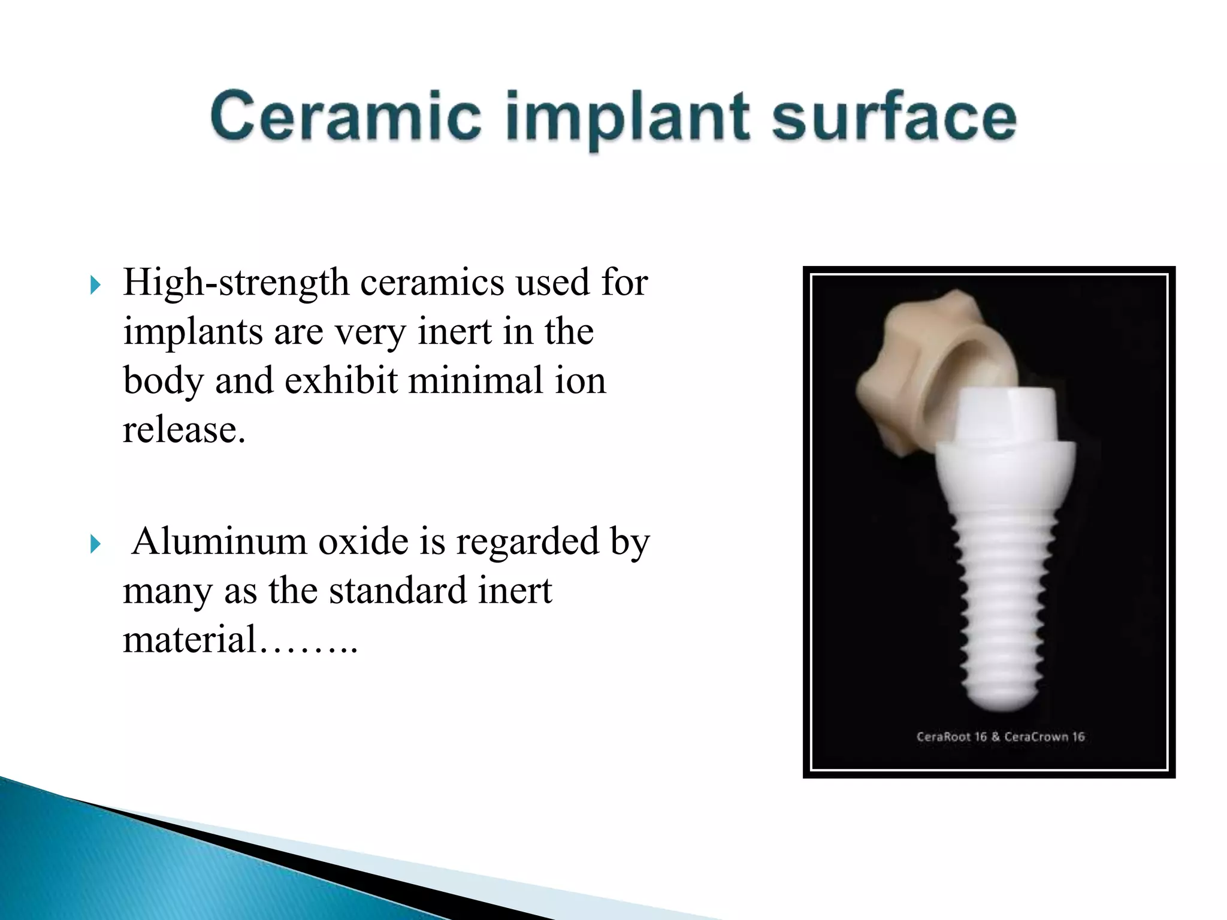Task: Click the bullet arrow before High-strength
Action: pos(95,285)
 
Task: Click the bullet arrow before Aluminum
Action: pos(95,544)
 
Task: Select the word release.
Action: pos(184,429)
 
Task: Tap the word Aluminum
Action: pos(219,541)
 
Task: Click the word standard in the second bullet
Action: pos(398,591)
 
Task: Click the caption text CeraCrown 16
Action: pos(1044,737)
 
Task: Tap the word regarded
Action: pos(527,541)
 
